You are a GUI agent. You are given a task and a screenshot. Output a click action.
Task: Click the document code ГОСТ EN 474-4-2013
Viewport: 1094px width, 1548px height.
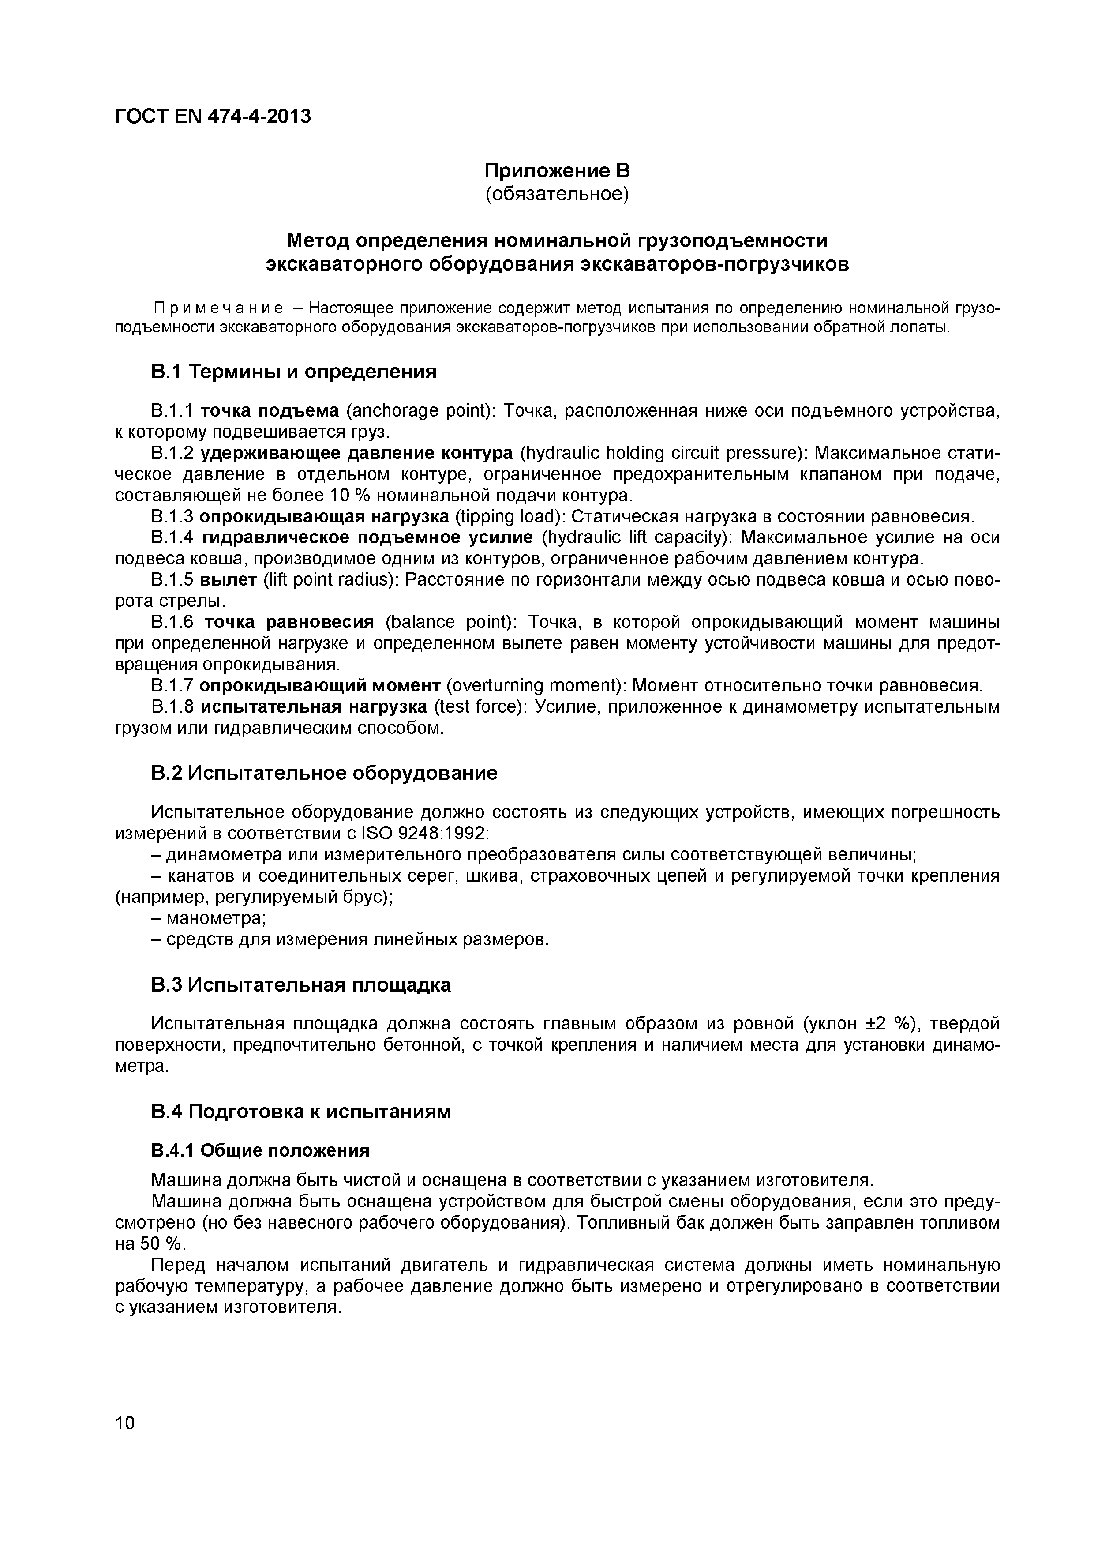point(213,116)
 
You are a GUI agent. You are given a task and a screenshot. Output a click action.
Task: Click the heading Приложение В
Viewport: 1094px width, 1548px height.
point(557,171)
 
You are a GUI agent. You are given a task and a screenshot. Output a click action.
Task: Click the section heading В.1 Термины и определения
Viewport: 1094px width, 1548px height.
point(293,372)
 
